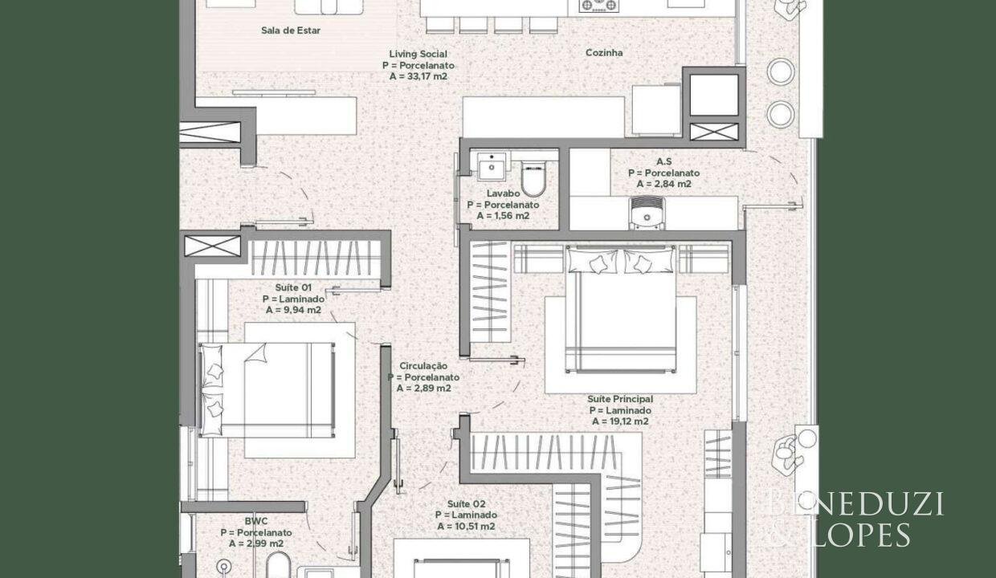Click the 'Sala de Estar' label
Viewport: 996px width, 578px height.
click(290, 31)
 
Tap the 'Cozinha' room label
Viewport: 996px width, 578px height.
click(604, 53)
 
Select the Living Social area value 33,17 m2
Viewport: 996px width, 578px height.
click(418, 76)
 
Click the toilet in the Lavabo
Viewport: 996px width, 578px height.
click(533, 178)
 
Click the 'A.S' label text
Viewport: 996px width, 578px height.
click(663, 161)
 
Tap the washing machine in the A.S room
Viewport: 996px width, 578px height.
click(647, 214)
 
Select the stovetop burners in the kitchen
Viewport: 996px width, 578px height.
click(599, 6)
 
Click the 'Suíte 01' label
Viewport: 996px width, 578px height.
click(293, 287)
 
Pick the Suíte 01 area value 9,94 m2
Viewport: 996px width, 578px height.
click(293, 310)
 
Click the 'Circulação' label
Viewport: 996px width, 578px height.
click(423, 366)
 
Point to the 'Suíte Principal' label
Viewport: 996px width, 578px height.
click(620, 399)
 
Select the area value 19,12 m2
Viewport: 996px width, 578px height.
click(620, 421)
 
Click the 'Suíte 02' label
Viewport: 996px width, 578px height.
click(466, 504)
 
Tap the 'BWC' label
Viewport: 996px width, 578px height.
click(256, 521)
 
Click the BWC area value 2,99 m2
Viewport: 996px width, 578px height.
click(256, 543)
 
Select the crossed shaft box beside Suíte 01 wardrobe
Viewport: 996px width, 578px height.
click(212, 246)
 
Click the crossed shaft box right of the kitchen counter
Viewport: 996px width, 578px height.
click(713, 132)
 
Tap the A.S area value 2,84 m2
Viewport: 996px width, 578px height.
click(663, 184)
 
